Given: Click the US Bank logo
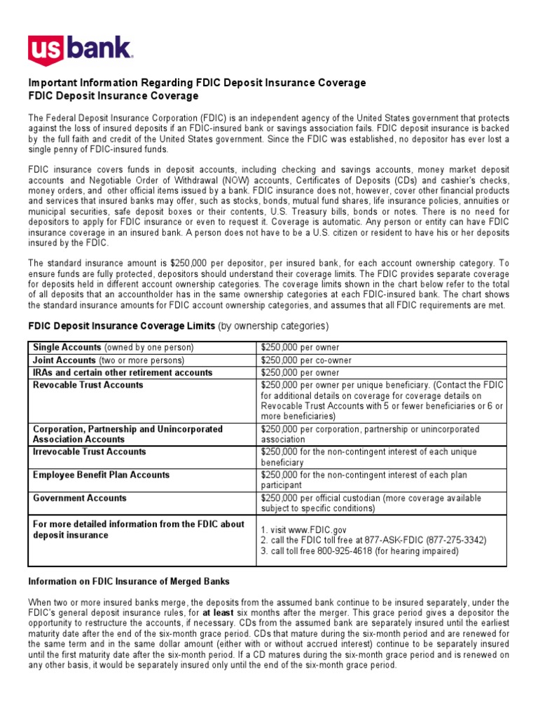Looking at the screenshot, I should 80,50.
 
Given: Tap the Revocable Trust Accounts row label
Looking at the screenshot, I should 88,385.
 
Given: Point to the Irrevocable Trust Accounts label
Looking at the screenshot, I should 90,452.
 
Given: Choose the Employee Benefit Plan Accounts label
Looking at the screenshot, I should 101,475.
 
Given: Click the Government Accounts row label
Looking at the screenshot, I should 80,499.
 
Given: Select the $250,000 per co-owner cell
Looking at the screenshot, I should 306,360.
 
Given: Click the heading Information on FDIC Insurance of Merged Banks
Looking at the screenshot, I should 128,581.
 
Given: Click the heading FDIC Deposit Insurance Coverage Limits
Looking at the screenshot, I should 121,326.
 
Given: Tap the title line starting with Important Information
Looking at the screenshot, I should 196,83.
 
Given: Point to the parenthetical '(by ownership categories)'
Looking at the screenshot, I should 273,326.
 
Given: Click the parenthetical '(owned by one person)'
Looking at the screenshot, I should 149,348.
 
